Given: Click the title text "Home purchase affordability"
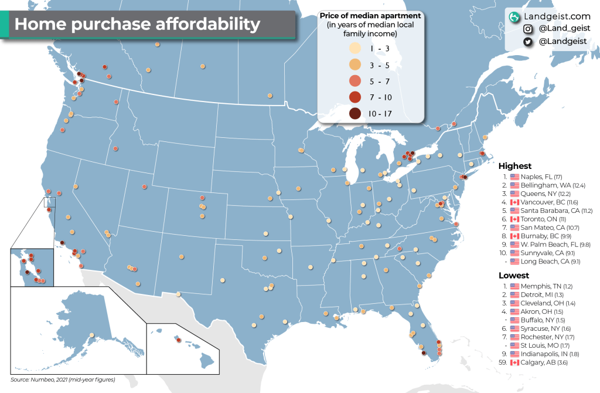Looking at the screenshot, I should (x=137, y=24).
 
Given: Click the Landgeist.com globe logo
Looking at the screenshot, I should (x=515, y=16).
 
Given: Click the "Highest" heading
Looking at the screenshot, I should (x=515, y=166).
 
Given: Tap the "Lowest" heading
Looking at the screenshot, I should (x=514, y=275).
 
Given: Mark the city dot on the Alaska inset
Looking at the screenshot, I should (x=91, y=336).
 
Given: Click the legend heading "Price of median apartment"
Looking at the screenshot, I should (x=370, y=15).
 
